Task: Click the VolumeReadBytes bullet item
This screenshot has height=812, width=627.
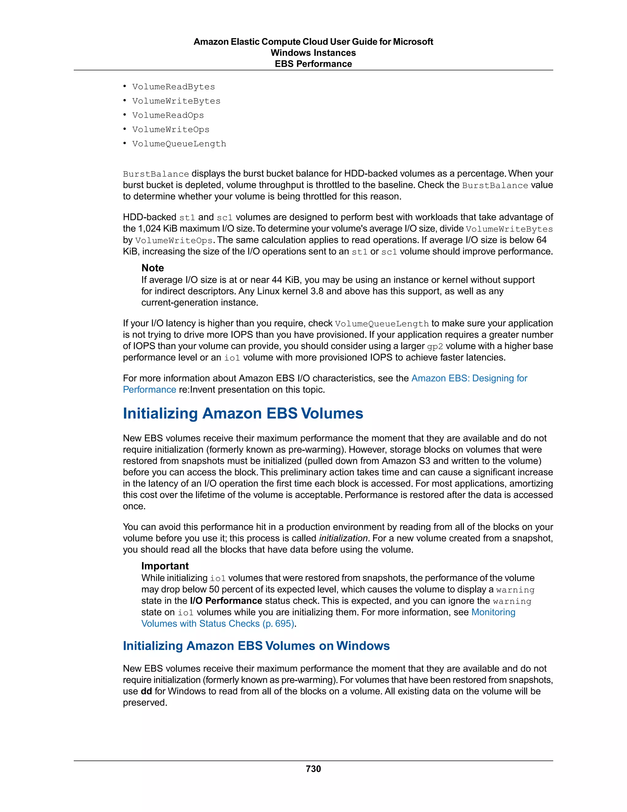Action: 174,87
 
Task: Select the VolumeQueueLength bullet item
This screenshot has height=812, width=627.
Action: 179,144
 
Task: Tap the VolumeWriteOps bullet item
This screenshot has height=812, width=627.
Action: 171,130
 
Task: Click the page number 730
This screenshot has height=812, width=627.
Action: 313,769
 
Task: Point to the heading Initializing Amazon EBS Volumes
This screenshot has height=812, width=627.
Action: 243,413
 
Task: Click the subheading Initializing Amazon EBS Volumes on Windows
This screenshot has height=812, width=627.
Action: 256,646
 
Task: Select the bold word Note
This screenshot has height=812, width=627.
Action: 153,268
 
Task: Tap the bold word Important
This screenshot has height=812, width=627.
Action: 165,566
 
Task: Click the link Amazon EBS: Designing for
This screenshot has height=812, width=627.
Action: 469,378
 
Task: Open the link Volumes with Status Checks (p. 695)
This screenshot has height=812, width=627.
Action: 218,624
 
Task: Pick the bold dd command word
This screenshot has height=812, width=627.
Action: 146,691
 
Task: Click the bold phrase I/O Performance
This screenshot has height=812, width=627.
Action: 226,601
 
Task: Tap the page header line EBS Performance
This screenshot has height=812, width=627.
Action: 313,64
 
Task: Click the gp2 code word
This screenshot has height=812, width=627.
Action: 435,347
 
